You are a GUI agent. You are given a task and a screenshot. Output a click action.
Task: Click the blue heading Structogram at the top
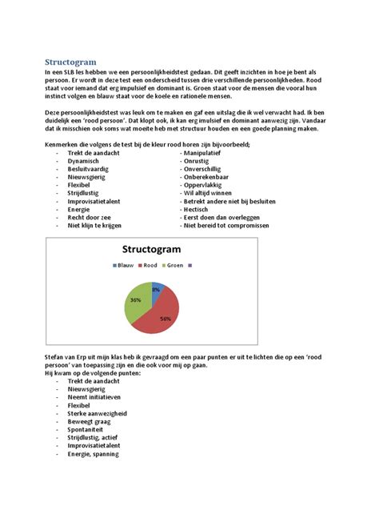(70, 62)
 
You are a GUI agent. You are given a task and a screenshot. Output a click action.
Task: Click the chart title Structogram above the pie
(150, 249)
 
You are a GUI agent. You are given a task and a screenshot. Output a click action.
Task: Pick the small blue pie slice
(154, 287)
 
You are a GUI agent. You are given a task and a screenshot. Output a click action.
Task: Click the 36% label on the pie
(135, 300)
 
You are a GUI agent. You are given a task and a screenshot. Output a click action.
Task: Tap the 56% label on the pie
(166, 319)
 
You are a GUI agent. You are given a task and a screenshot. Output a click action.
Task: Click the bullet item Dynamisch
(84, 160)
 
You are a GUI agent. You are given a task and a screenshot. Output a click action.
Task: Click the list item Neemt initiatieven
(94, 397)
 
